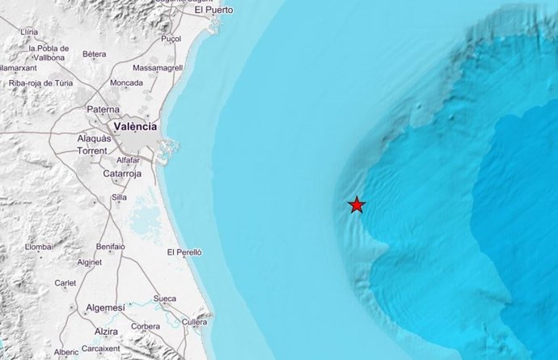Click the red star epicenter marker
click(357, 205)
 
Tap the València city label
click(136, 126)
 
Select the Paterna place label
click(104, 109)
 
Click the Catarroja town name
click(123, 173)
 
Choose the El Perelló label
click(184, 252)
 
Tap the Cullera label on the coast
click(194, 321)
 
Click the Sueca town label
click(164, 299)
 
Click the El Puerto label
click(213, 10)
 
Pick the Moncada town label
click(127, 83)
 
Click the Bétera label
click(95, 54)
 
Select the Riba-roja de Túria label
click(40, 83)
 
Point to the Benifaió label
click(110, 245)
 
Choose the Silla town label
click(119, 197)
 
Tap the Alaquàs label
click(94, 139)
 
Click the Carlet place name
click(65, 283)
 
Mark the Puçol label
click(171, 38)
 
